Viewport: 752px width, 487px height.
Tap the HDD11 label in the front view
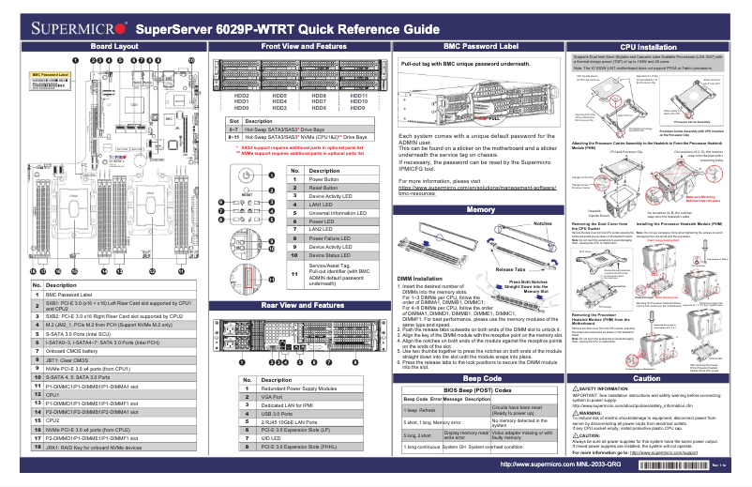(358, 96)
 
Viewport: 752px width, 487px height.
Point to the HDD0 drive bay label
(241, 109)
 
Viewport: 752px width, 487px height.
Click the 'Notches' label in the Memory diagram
(543, 224)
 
